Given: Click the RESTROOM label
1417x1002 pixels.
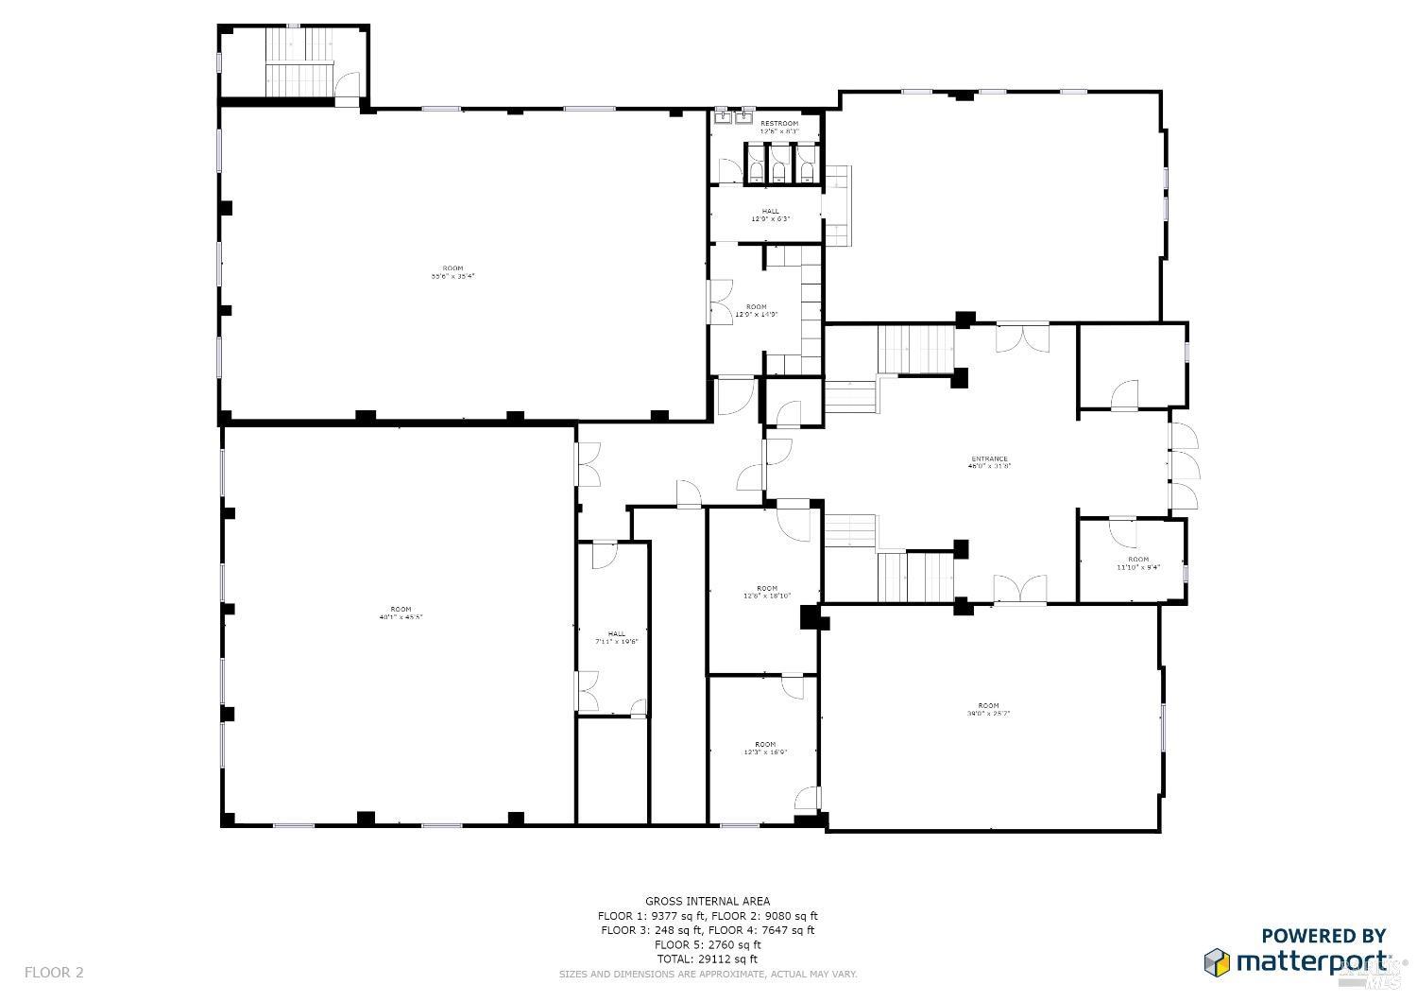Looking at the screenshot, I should coord(779,124).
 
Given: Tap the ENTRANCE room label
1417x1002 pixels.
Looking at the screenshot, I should coord(989,459).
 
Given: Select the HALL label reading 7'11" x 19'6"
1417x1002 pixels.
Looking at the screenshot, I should coord(617,634).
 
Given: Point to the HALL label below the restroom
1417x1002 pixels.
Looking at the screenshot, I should coord(771,212).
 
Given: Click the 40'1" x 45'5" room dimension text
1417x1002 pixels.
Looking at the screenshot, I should coord(401,617).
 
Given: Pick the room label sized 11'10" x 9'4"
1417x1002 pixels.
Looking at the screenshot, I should coord(1137,560).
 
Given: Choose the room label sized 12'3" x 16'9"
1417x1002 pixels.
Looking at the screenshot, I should coord(765,745).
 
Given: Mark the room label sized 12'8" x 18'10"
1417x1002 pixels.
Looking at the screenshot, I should coord(766,589).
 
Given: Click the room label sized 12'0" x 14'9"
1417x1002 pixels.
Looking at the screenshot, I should coord(756,307).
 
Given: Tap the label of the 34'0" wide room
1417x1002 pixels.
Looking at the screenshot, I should coord(988,706).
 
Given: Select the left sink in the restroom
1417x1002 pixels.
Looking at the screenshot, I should coord(724,116).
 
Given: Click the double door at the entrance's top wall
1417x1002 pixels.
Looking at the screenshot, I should coord(1021,337).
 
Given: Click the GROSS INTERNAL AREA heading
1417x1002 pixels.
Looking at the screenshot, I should coord(707,902).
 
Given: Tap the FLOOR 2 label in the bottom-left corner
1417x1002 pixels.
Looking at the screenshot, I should coord(54,972).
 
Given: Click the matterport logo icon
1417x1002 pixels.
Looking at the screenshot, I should coord(1216,962).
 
